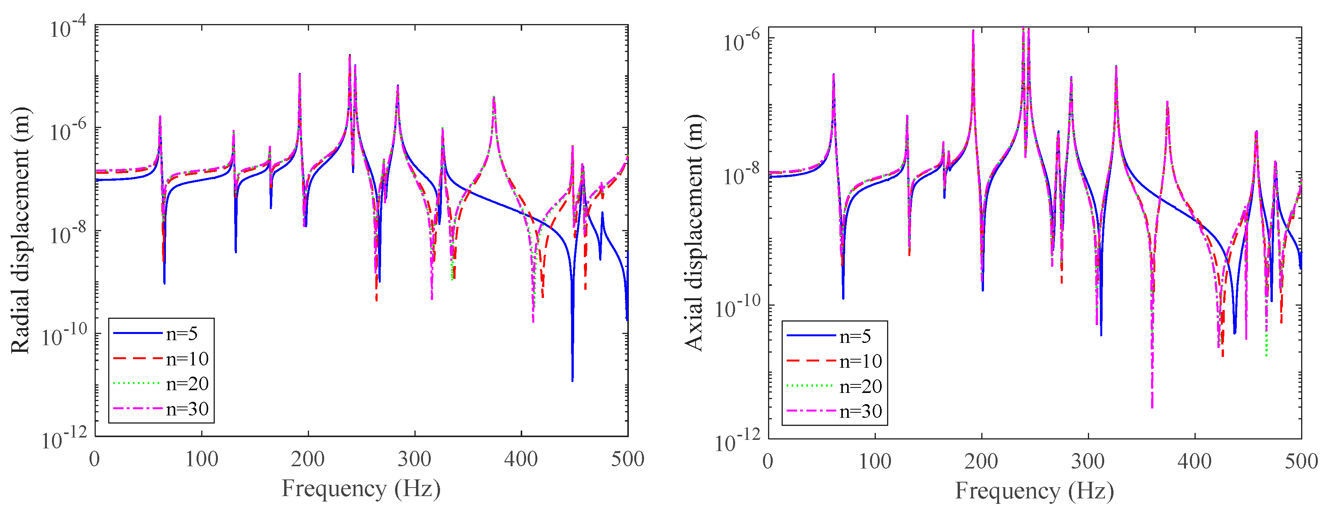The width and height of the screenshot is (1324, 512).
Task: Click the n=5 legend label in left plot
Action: [x=182, y=334]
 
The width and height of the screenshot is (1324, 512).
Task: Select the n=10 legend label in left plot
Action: [x=188, y=359]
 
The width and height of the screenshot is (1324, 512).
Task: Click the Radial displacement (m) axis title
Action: [x=21, y=230]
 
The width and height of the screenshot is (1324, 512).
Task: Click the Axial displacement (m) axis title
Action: [x=694, y=233]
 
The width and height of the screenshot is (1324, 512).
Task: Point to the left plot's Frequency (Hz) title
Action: [x=361, y=488]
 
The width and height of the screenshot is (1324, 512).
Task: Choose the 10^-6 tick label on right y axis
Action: [x=741, y=41]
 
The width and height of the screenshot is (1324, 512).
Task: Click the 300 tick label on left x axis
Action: [x=414, y=459]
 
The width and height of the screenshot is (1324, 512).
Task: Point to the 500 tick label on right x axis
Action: [x=1301, y=461]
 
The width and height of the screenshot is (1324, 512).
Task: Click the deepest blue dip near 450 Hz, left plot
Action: [x=573, y=379]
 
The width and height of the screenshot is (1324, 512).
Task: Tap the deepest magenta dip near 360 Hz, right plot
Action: [x=1152, y=406]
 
